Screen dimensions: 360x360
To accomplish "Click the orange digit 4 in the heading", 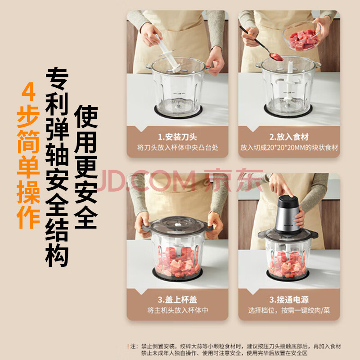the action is [28, 92].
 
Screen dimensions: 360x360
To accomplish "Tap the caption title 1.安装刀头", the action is [177, 137].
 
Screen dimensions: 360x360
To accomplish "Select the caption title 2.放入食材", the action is [289, 137].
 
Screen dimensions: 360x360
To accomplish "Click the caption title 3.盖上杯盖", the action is [177, 300].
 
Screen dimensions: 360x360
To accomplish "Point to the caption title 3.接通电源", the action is [289, 300].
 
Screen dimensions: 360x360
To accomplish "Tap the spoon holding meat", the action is [262, 44].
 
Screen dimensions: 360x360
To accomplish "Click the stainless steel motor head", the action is [287, 214].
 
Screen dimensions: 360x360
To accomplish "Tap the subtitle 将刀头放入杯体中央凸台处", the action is [177, 148].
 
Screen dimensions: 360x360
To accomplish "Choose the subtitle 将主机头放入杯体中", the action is [177, 310].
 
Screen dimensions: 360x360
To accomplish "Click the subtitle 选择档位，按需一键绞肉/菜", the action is [289, 310].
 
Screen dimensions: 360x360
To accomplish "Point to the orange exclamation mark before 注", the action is [128, 346].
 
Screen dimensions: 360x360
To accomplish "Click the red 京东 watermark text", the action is [234, 180].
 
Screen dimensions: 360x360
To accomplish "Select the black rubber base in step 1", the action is [178, 112].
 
